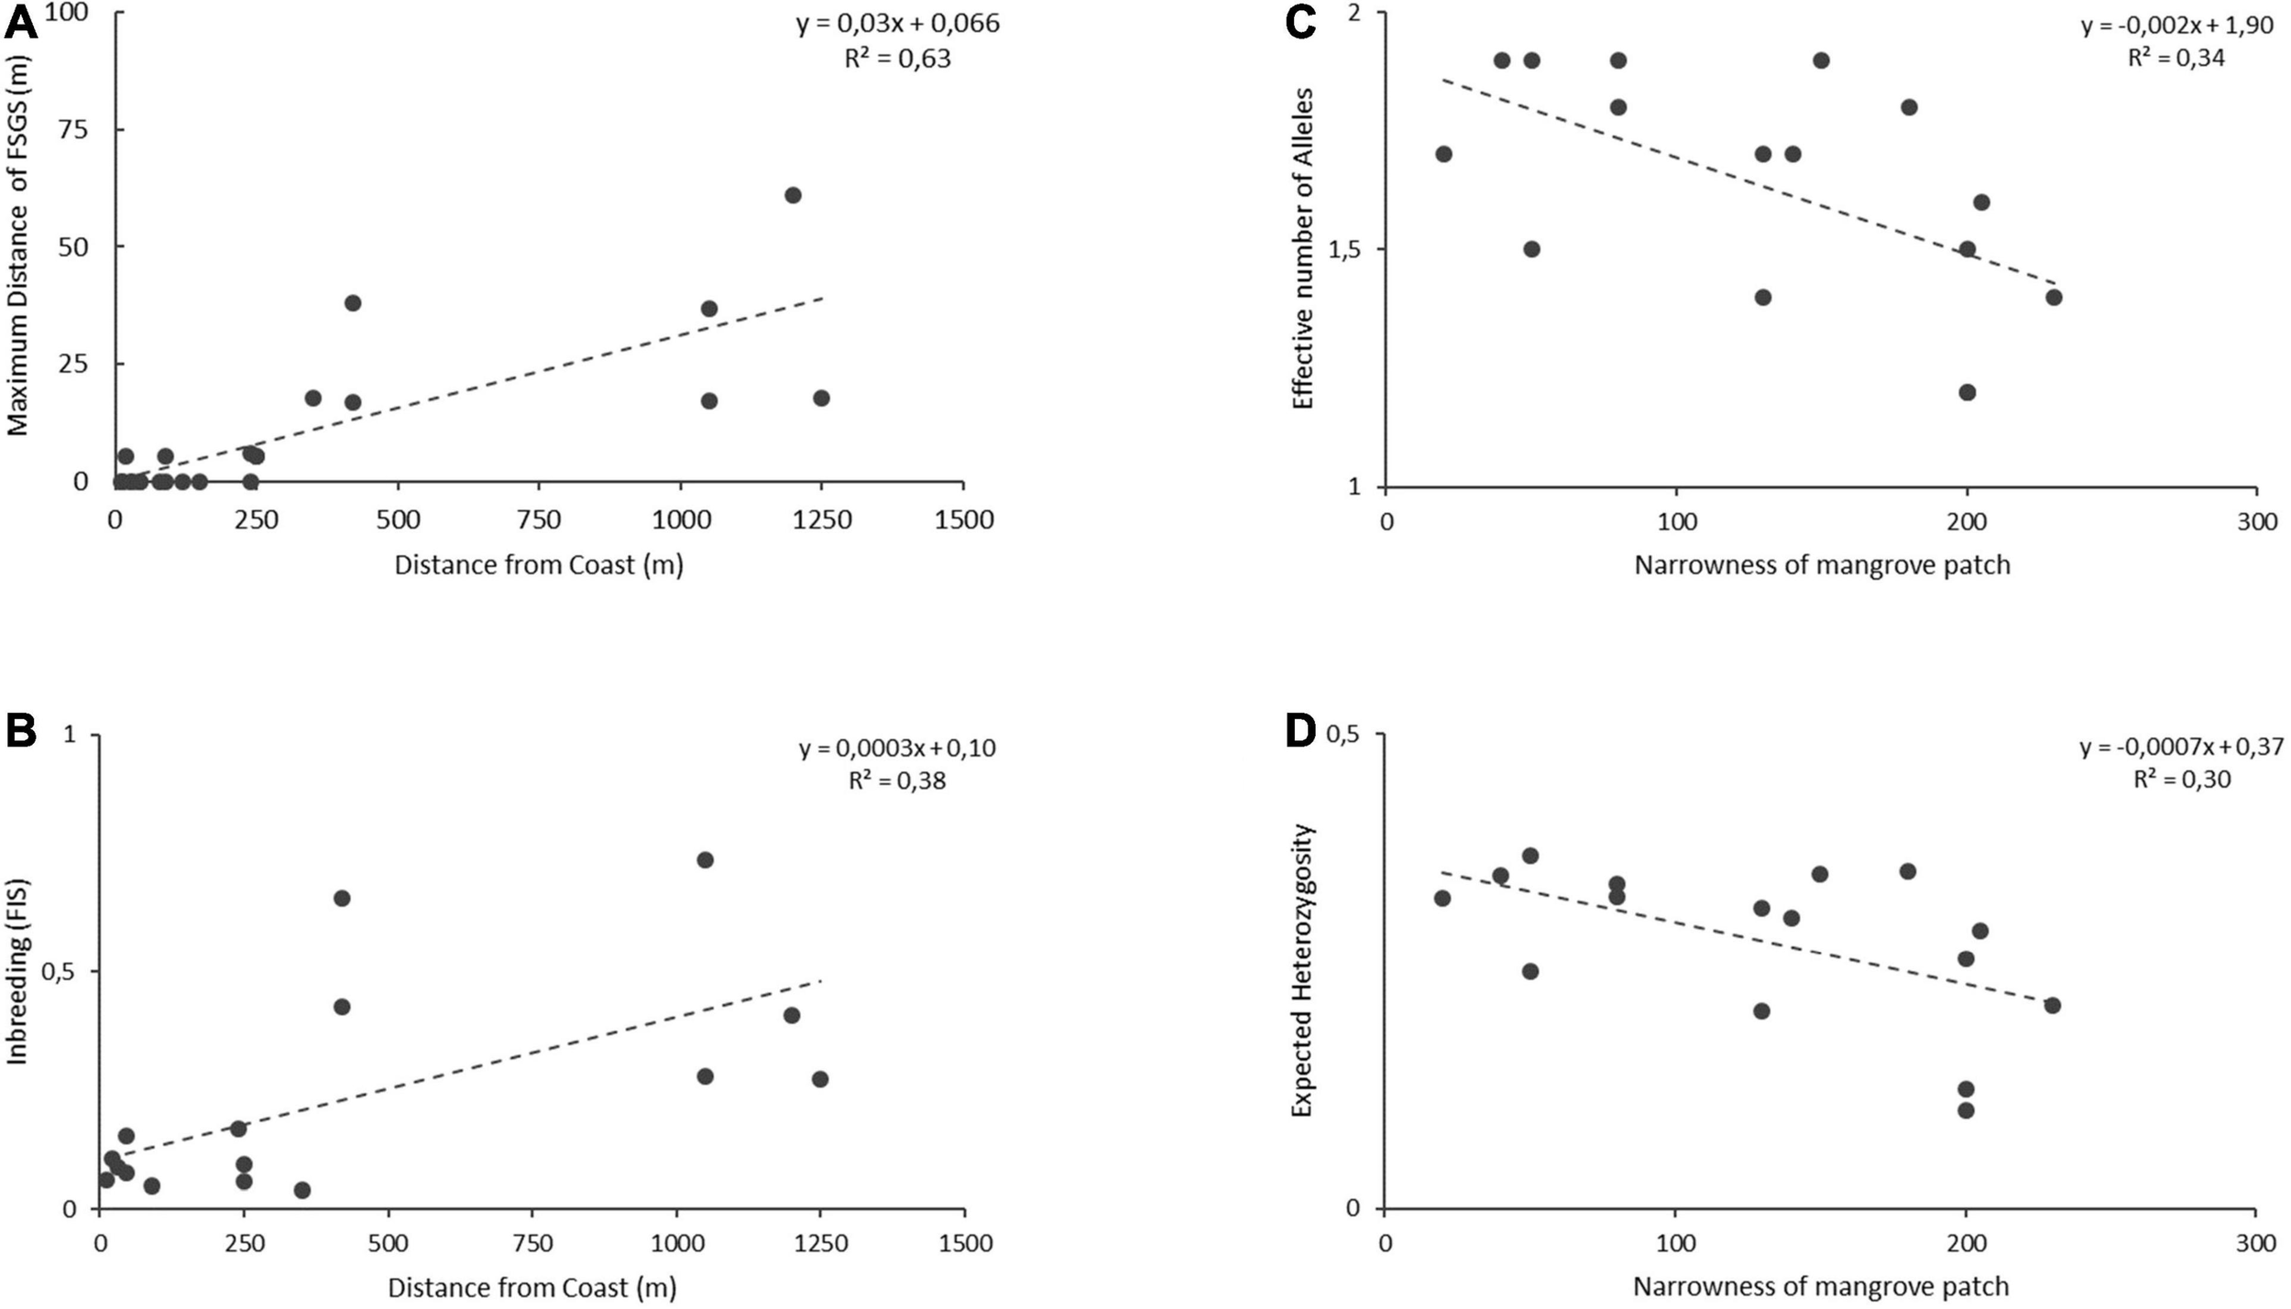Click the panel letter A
pos(22,21)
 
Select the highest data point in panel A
pos(793,195)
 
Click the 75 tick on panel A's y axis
pos(81,129)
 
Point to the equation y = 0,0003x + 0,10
pos(896,748)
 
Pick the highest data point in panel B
pos(705,859)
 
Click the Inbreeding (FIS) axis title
pos(18,972)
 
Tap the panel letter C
pos(1301,23)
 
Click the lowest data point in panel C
pos(1967,392)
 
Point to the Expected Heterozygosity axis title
pos(1302,971)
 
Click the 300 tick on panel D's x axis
pos(2255,1243)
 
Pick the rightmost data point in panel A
pos(821,398)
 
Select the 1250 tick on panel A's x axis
pos(821,520)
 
